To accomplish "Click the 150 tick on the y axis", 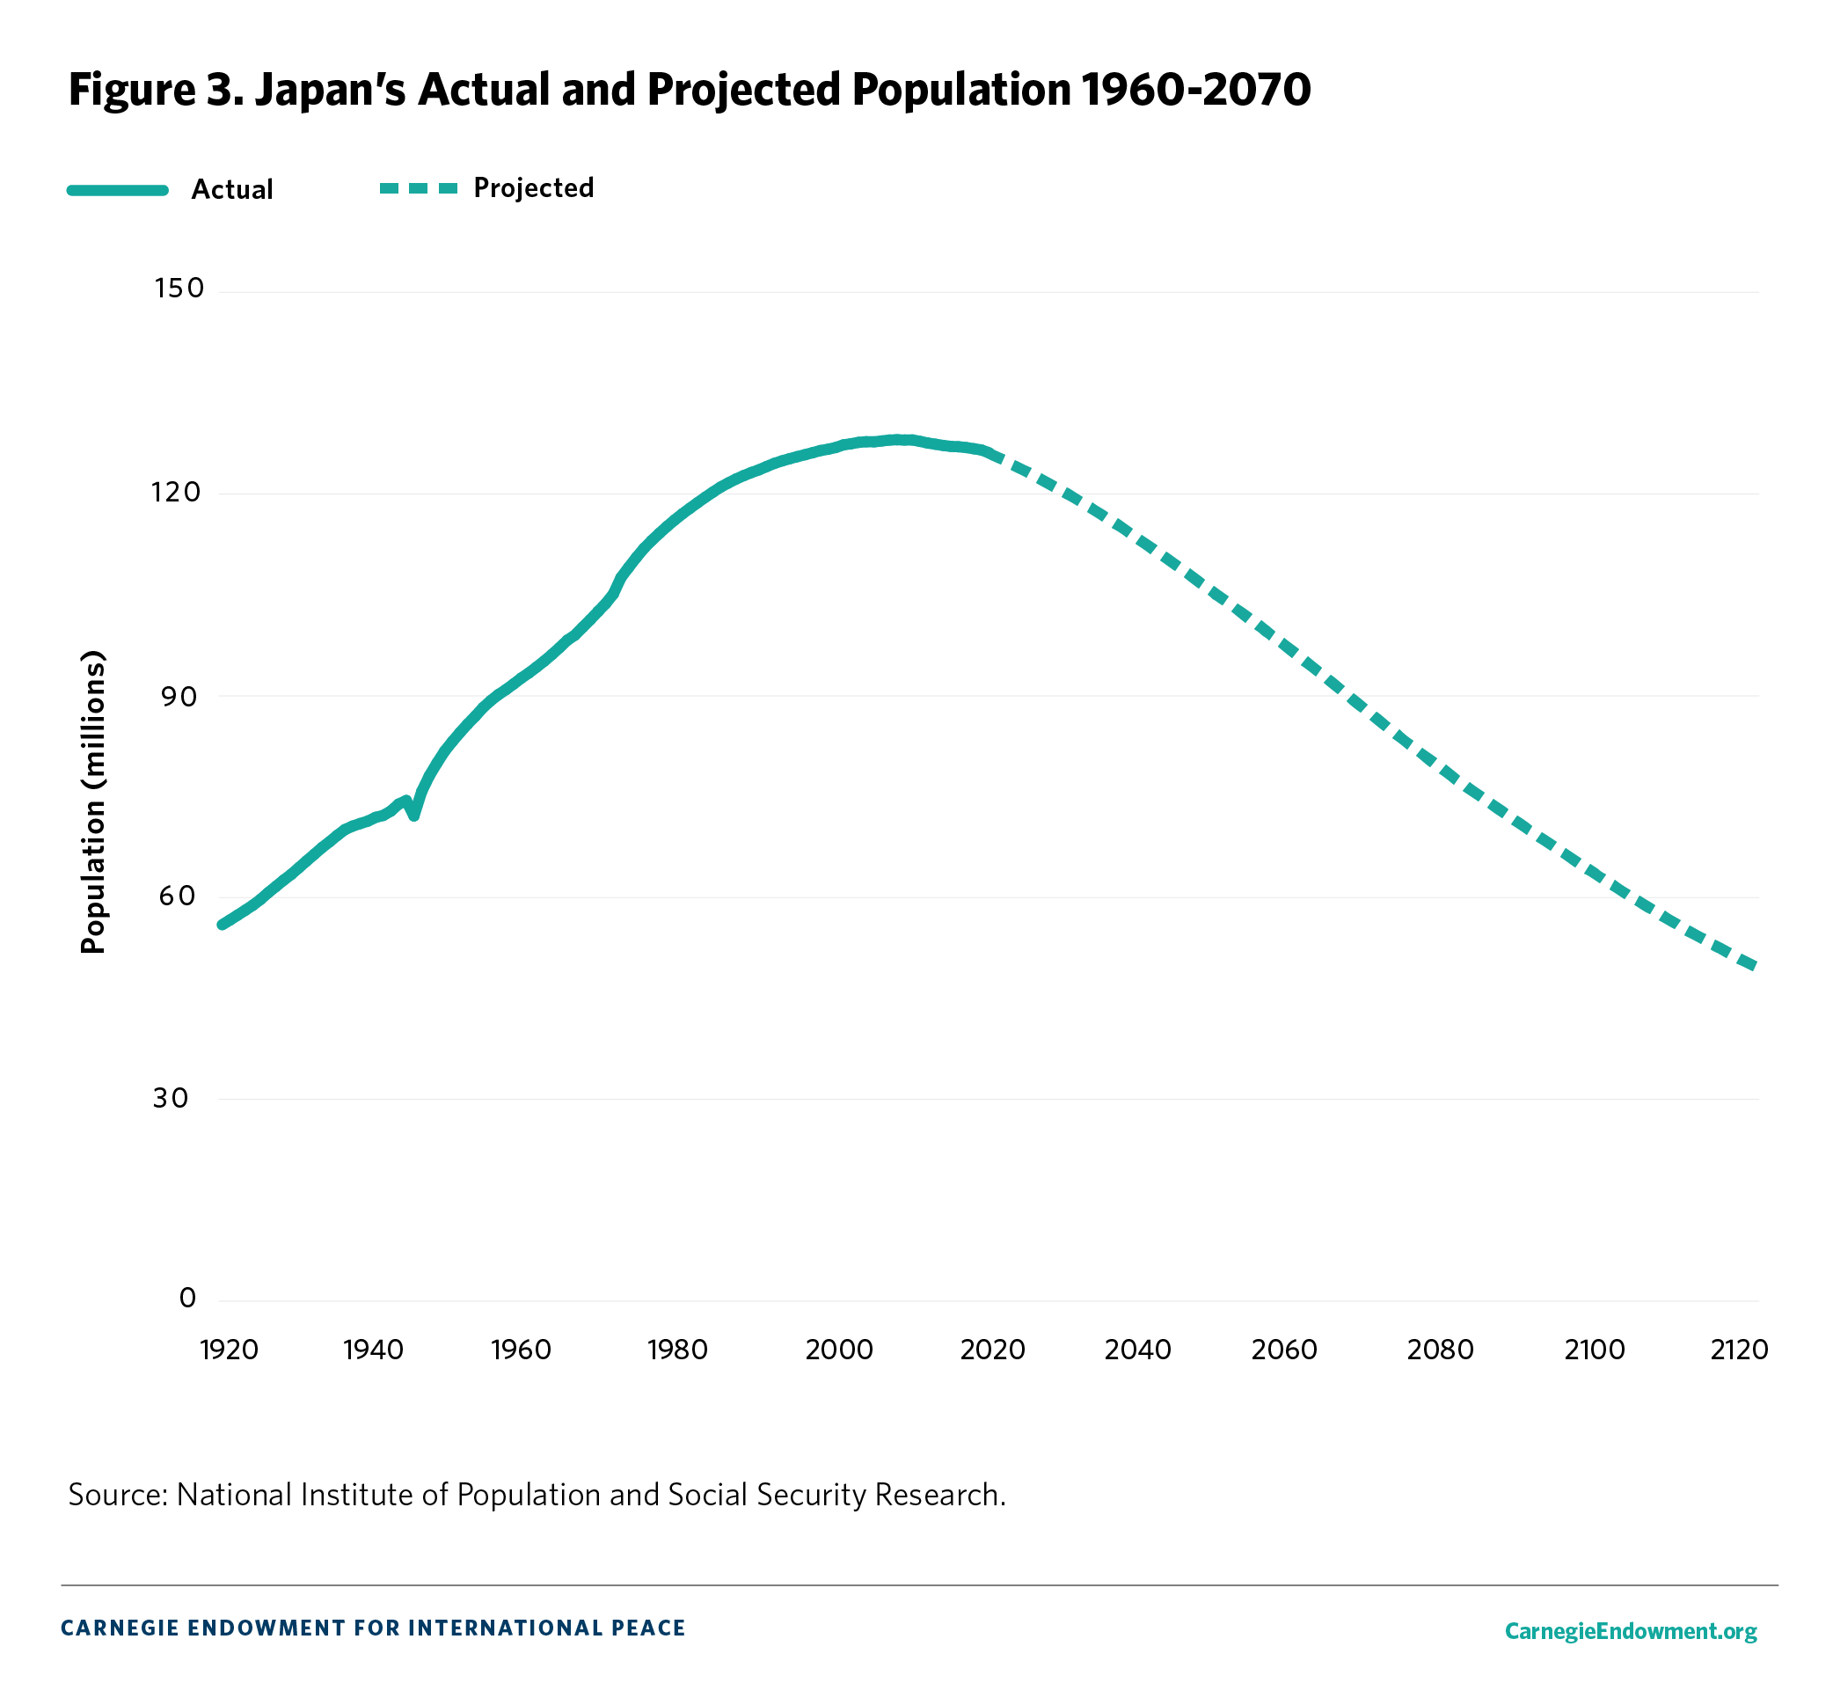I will pos(179,289).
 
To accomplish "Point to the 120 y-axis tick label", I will pos(176,492).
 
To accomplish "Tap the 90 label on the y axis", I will pos(179,696).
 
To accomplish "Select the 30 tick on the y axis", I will pos(171,1097).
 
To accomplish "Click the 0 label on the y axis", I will pos(187,1299).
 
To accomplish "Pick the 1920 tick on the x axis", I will pos(229,1350).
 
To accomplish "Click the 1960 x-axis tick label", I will pos(521,1350).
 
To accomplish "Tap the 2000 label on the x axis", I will pos(838,1350).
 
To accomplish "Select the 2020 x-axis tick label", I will pos(992,1350).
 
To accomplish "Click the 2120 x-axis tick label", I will pos(1738,1350).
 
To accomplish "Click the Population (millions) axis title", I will pos(93,802).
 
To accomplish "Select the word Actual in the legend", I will pos(232,190).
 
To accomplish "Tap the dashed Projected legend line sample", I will pos(419,188).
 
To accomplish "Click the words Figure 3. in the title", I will pos(156,90).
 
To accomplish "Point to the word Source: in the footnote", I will pos(117,1495).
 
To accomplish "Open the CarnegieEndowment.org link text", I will pos(1630,1631).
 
